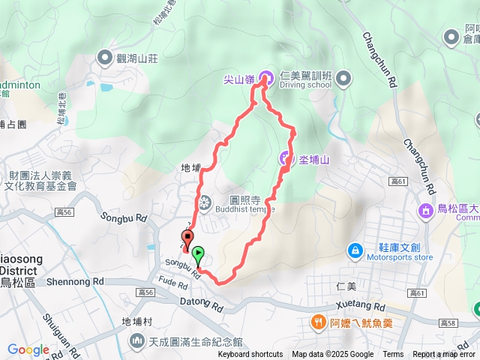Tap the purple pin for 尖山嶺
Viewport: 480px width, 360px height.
point(265,76)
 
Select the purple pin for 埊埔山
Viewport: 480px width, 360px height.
point(286,158)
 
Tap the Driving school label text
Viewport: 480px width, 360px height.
point(305,85)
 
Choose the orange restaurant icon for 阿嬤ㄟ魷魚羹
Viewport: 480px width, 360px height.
point(318,323)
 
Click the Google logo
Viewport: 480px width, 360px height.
point(28,349)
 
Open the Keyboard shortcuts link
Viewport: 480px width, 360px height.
point(250,355)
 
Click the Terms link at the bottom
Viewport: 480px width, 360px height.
point(393,355)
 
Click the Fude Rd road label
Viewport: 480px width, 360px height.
point(172,283)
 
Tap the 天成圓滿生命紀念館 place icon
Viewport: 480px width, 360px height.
point(136,341)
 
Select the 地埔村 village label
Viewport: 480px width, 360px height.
point(136,321)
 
